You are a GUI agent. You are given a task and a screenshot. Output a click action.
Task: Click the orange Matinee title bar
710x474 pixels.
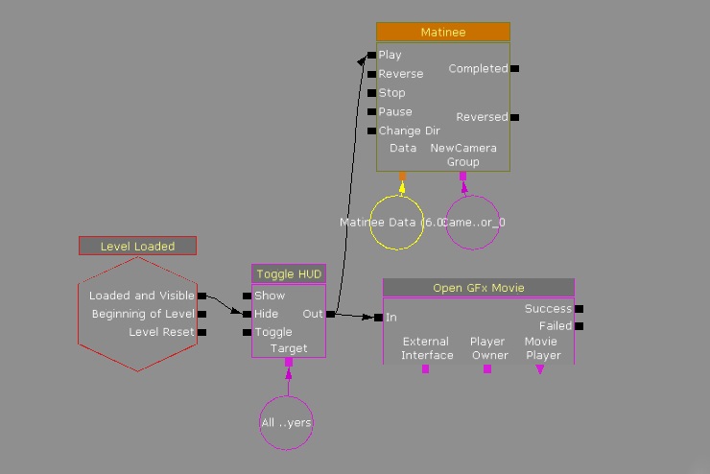[442, 33]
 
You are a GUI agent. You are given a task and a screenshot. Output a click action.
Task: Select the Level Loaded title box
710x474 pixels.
[137, 247]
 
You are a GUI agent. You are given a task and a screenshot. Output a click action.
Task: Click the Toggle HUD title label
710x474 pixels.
[289, 274]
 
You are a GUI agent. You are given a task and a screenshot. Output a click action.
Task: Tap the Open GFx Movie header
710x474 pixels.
[478, 288]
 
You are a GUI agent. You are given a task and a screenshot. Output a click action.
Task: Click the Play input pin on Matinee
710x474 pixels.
[372, 55]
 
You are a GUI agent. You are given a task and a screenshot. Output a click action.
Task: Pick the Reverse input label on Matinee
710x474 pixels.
[400, 74]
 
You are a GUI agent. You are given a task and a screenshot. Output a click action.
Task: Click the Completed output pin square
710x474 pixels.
[515, 69]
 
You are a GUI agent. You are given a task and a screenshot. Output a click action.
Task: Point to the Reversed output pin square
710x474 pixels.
[515, 117]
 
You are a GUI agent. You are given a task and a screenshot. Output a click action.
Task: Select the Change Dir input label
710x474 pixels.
[409, 130]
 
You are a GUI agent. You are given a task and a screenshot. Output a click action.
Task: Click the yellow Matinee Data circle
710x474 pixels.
[397, 223]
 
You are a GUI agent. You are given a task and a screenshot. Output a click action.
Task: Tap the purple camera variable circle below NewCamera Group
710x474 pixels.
[472, 223]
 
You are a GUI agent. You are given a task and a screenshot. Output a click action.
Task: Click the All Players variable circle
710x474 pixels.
[286, 422]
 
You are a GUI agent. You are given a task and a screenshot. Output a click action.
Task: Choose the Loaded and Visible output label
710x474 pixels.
[142, 296]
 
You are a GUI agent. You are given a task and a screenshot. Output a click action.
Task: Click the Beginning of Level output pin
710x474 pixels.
[201, 314]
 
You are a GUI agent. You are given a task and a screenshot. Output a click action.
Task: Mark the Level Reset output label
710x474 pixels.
[161, 332]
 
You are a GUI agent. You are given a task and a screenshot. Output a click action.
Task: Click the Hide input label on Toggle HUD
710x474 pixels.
[266, 314]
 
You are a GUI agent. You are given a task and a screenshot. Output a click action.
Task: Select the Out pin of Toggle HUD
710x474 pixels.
[331, 314]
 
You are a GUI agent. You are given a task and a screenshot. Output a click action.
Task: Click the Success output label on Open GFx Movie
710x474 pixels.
[548, 309]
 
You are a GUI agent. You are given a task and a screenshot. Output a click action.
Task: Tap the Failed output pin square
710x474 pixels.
[579, 326]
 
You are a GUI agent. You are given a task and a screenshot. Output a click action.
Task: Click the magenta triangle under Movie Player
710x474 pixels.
[540, 369]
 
